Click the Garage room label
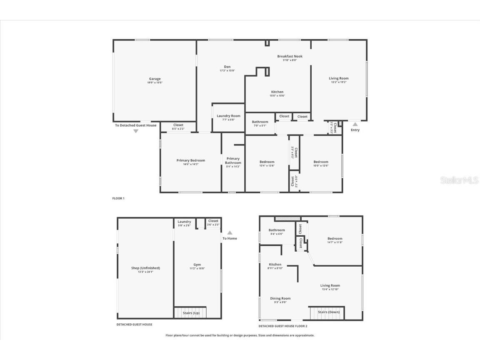coord(155,79)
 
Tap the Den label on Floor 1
coord(227,67)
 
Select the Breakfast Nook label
coord(290,56)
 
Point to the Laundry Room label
coord(228,116)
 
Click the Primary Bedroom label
coord(190,160)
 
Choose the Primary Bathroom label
coord(233,160)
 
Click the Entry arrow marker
coord(355,124)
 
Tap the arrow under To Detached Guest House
coord(135,131)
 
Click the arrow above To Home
coord(230,233)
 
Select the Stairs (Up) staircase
coord(190,312)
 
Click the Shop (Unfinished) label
coord(145,268)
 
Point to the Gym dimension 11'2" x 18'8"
coord(197,268)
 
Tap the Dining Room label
coord(280,298)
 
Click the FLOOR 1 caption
coord(118,198)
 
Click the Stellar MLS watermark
coord(460,180)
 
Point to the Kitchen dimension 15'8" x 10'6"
coord(277,96)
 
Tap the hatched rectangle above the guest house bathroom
coord(287,218)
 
